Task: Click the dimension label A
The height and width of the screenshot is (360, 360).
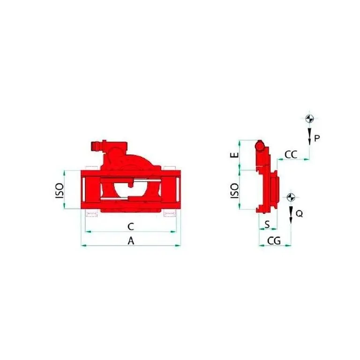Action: [131, 241]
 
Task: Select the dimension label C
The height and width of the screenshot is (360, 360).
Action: [131, 226]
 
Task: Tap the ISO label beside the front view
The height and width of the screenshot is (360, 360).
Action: [59, 191]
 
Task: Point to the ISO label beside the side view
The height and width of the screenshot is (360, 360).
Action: [234, 191]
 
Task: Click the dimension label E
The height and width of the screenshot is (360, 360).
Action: [234, 155]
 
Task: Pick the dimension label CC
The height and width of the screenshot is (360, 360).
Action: [291, 155]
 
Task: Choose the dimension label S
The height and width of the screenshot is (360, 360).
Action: [267, 224]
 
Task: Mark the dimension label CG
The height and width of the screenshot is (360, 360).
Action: [274, 241]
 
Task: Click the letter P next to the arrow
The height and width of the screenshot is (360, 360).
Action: [317, 138]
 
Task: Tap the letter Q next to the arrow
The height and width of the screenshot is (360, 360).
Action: [299, 214]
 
